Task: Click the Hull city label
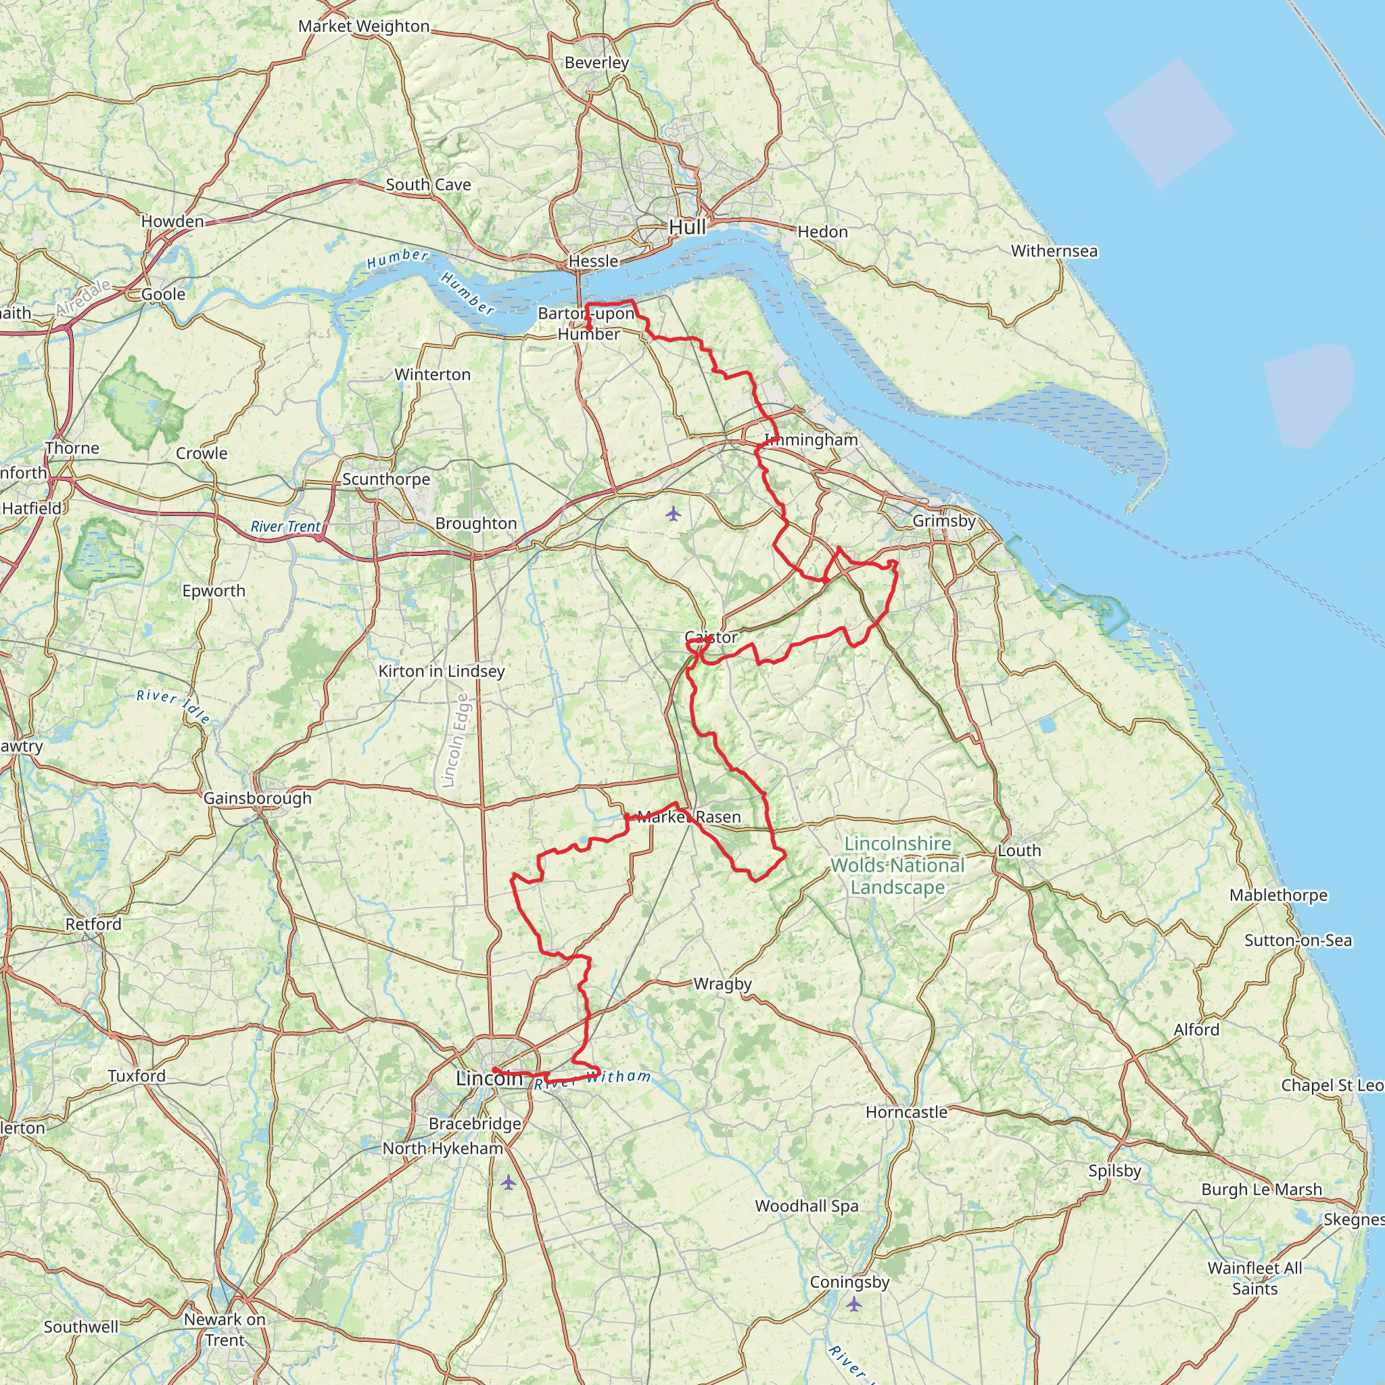(x=687, y=227)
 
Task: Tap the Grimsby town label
(x=943, y=521)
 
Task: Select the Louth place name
(x=1018, y=851)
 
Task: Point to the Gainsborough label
(x=258, y=799)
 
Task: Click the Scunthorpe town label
(x=385, y=479)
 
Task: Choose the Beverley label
(x=596, y=63)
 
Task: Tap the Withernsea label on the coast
(x=1054, y=251)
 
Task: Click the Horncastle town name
(x=906, y=1112)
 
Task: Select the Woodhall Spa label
(x=807, y=1206)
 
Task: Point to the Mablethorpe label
(x=1278, y=895)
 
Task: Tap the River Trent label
(x=285, y=527)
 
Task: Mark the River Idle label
(x=174, y=706)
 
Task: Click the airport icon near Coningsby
(x=853, y=1304)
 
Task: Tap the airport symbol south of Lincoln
(x=509, y=1182)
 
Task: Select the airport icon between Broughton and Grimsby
(x=672, y=513)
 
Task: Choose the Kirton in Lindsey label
(x=441, y=671)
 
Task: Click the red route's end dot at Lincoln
(x=495, y=1071)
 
